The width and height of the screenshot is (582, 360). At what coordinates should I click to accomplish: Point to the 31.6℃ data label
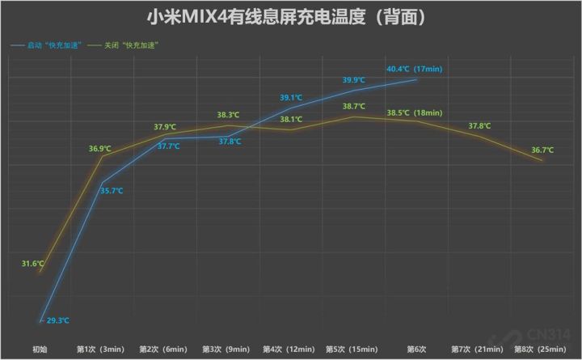[x=32, y=264]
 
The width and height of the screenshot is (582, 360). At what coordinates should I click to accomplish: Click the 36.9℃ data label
[x=101, y=148]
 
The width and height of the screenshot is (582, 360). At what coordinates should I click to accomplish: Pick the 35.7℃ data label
[x=111, y=191]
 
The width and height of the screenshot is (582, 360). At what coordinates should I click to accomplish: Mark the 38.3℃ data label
[x=227, y=115]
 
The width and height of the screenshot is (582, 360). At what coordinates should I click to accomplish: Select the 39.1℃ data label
[x=292, y=98]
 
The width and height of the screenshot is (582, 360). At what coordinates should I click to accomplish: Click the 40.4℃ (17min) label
[x=414, y=69]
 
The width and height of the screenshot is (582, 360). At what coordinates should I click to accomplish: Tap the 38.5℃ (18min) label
[x=414, y=112]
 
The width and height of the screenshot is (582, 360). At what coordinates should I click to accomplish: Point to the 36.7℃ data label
[x=543, y=150]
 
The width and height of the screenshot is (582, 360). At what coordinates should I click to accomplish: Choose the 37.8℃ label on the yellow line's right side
[x=479, y=125]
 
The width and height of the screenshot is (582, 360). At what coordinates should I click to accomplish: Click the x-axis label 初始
[x=40, y=349]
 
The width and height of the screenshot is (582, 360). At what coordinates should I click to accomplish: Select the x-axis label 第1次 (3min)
[x=100, y=349]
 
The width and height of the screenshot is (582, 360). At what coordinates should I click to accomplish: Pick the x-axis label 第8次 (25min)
[x=541, y=349]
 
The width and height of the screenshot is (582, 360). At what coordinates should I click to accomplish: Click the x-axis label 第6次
[x=416, y=349]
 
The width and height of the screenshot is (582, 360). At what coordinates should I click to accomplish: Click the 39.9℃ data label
[x=354, y=80]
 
